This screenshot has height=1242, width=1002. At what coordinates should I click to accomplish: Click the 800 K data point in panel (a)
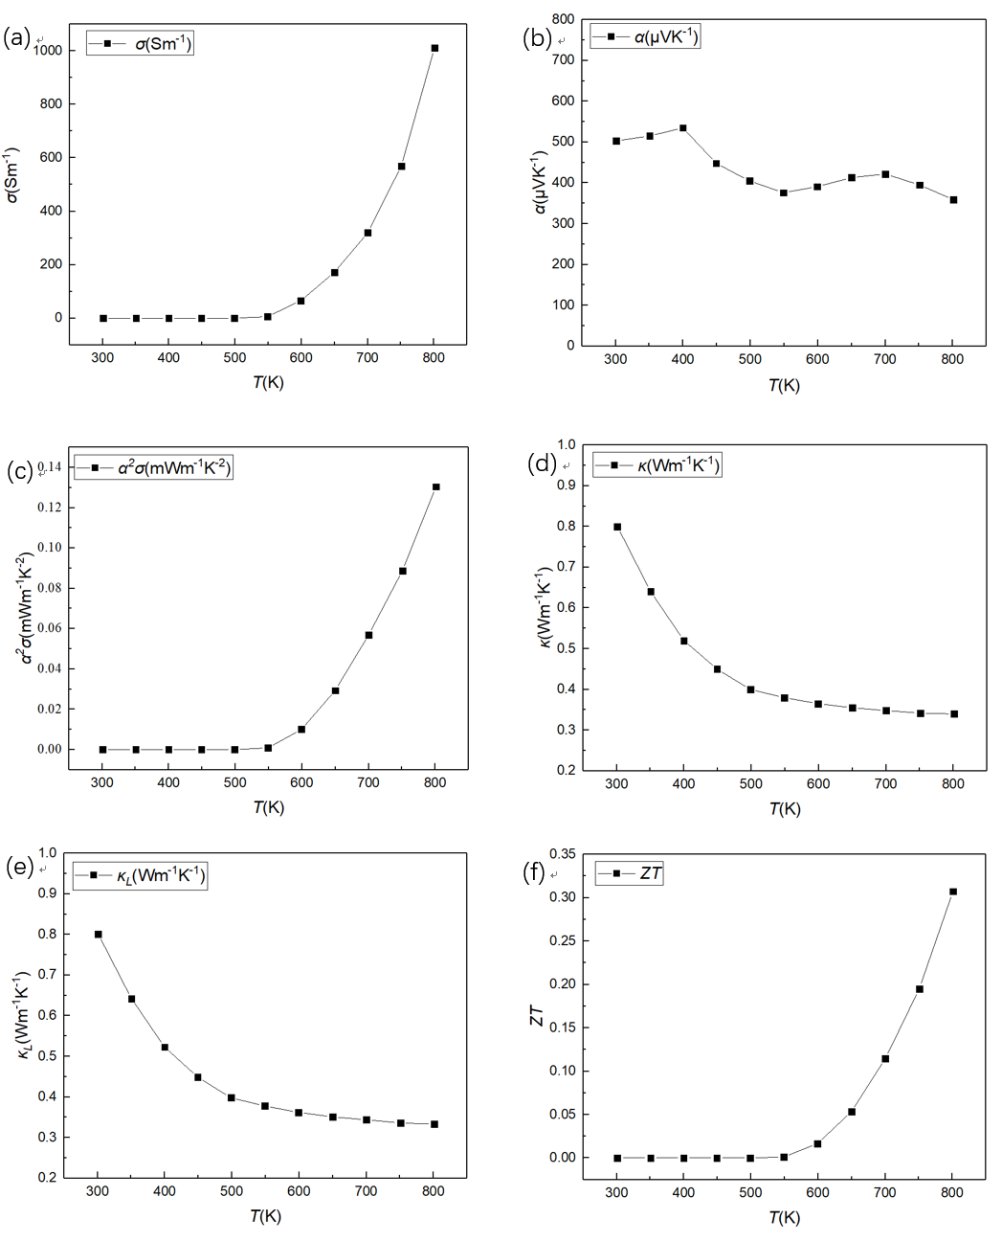(434, 48)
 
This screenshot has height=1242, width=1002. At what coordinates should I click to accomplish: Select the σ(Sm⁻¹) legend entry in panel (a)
(140, 44)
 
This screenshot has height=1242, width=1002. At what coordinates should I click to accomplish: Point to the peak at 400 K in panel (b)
(682, 127)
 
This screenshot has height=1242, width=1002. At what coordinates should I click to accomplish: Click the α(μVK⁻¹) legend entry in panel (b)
(646, 37)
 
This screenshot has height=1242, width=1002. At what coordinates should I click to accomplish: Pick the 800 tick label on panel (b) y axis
(563, 19)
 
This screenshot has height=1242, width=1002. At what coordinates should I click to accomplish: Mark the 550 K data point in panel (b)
(783, 192)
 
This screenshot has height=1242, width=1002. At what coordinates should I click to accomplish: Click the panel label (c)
(19, 472)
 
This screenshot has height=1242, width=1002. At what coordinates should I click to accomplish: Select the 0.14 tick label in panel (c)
(50, 467)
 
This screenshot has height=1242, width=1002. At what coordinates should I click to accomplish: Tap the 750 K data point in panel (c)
(403, 571)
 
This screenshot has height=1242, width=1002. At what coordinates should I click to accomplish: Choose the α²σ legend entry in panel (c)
(153, 468)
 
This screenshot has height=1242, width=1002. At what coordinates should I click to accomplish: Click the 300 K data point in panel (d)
(617, 527)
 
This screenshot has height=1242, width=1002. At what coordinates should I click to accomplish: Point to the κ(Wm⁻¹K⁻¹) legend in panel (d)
(657, 465)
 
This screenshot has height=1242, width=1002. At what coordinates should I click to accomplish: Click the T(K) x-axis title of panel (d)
(784, 809)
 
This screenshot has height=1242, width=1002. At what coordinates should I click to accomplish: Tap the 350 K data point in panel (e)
(131, 999)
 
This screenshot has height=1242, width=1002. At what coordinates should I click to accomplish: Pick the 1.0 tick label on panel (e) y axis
(48, 852)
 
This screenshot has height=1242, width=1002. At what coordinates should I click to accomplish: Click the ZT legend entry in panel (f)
(629, 873)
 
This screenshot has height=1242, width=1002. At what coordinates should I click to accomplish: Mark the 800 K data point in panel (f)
(953, 892)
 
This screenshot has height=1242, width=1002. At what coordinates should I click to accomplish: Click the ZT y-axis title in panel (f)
(537, 1016)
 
